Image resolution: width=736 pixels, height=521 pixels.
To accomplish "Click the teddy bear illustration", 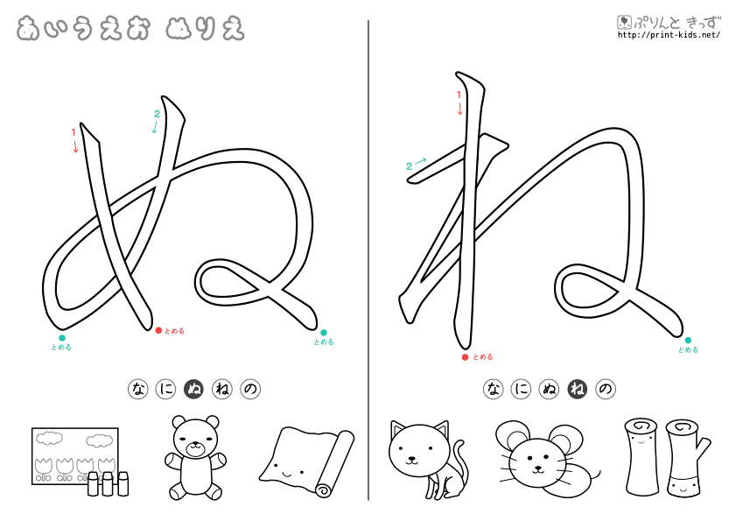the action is (194, 456).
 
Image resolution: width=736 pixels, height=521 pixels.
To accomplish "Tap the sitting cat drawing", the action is (424, 458).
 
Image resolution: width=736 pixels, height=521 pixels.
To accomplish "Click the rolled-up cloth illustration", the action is (307, 461).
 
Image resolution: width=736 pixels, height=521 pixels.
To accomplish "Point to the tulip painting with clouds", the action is (75, 455).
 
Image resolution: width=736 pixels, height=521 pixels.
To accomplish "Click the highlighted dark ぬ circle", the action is (194, 389).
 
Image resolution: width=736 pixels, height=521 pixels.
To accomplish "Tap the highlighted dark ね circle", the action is (578, 389).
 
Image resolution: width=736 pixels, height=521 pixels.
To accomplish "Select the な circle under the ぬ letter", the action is (137, 389).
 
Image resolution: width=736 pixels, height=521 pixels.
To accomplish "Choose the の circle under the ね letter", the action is (606, 389).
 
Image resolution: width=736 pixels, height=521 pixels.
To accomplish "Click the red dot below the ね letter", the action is (465, 357).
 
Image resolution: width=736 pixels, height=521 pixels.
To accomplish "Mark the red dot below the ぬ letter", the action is (158, 330).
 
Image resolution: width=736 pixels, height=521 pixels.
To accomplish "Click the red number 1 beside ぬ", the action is (74, 132).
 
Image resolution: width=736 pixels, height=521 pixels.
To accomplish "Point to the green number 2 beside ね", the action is (409, 165).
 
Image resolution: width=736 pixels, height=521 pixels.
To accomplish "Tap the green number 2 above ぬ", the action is (157, 114).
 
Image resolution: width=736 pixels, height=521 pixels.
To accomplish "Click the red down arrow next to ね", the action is (460, 109).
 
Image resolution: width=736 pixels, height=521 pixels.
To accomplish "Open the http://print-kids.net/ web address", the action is (669, 35).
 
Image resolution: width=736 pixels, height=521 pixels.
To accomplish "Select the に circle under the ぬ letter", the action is (165, 389).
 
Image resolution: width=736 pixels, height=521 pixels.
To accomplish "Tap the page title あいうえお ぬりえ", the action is (130, 28).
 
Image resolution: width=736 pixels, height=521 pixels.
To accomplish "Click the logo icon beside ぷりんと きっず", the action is (624, 23).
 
